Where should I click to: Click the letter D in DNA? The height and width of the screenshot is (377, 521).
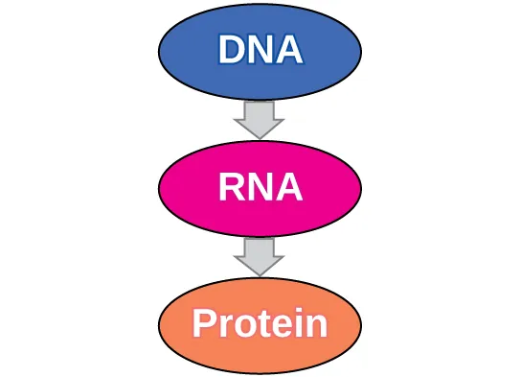coord(231,49)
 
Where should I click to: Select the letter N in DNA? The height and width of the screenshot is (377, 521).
coord(260,49)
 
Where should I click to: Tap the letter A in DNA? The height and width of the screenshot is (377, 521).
coord(288,49)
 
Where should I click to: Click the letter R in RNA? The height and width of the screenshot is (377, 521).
coord(232,187)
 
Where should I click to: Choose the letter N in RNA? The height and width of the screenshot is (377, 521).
coord(260,187)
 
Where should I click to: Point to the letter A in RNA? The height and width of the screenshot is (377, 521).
coord(288,187)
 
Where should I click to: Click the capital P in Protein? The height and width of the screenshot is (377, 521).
coord(205,325)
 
